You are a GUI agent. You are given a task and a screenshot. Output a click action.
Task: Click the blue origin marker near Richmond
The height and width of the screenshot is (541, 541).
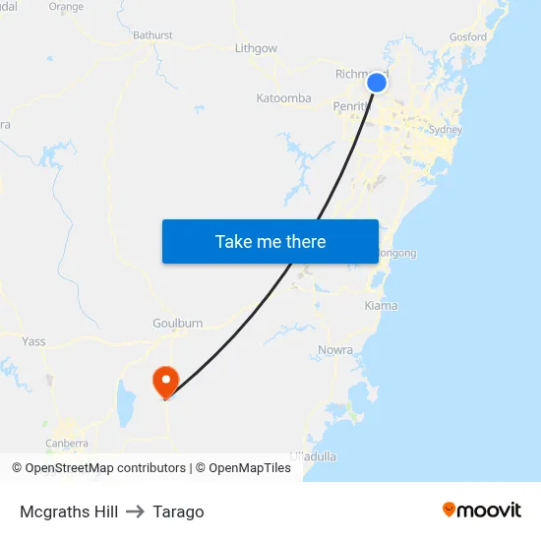click(377, 84)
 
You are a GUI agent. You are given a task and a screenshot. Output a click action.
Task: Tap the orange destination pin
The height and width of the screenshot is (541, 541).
click(165, 381)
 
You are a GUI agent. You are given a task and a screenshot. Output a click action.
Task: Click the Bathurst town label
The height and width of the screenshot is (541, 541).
click(152, 35)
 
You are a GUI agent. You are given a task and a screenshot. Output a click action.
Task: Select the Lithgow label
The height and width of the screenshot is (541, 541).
click(256, 48)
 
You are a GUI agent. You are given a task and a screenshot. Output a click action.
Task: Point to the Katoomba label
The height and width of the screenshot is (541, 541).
click(283, 98)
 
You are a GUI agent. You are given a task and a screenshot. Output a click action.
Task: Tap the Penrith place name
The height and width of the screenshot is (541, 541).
click(349, 105)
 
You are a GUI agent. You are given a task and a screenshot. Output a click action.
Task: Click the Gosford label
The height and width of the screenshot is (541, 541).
click(467, 37)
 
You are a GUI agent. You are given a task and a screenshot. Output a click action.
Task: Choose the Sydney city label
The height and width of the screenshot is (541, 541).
click(446, 130)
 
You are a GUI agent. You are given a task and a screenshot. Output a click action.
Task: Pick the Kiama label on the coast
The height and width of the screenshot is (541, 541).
click(381, 306)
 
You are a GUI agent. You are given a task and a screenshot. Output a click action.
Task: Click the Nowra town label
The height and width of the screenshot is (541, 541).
click(335, 350)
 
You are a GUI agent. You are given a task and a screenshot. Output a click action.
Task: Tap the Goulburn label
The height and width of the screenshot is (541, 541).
click(177, 324)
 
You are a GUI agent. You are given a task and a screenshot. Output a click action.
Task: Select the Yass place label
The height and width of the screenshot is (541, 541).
click(33, 342)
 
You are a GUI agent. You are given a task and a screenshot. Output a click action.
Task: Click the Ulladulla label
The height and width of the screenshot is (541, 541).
click(314, 456)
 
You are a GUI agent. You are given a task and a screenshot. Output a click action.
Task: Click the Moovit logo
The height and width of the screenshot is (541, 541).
click(482, 511)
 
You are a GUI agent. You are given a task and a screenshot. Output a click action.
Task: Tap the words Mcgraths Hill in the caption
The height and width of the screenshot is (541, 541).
click(69, 511)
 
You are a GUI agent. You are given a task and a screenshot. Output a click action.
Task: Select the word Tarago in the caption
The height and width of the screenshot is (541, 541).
click(178, 511)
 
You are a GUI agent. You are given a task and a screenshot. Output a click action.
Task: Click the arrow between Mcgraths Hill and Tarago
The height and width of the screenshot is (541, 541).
click(135, 511)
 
